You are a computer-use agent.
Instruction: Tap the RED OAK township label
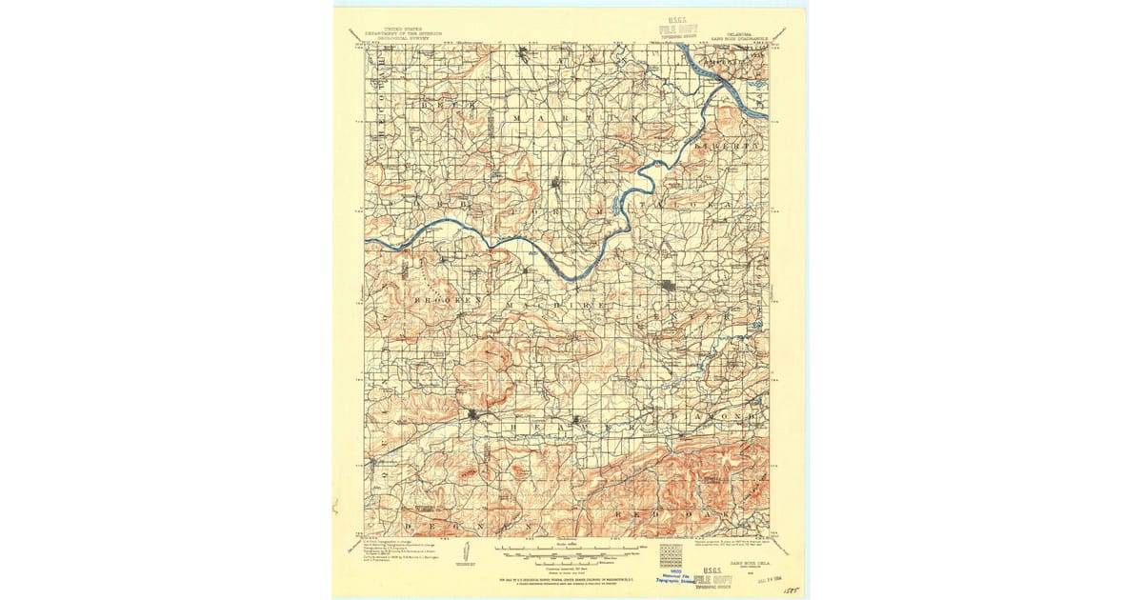point(676,514)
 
